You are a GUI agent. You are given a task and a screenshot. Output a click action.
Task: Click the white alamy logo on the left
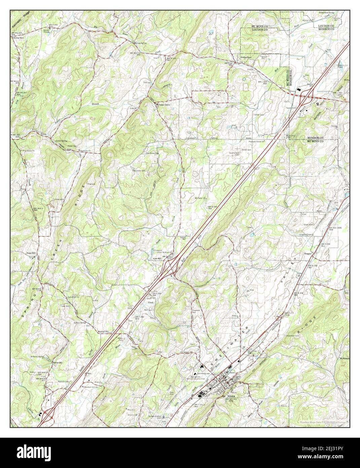pyautogui.click(x=34, y=452)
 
